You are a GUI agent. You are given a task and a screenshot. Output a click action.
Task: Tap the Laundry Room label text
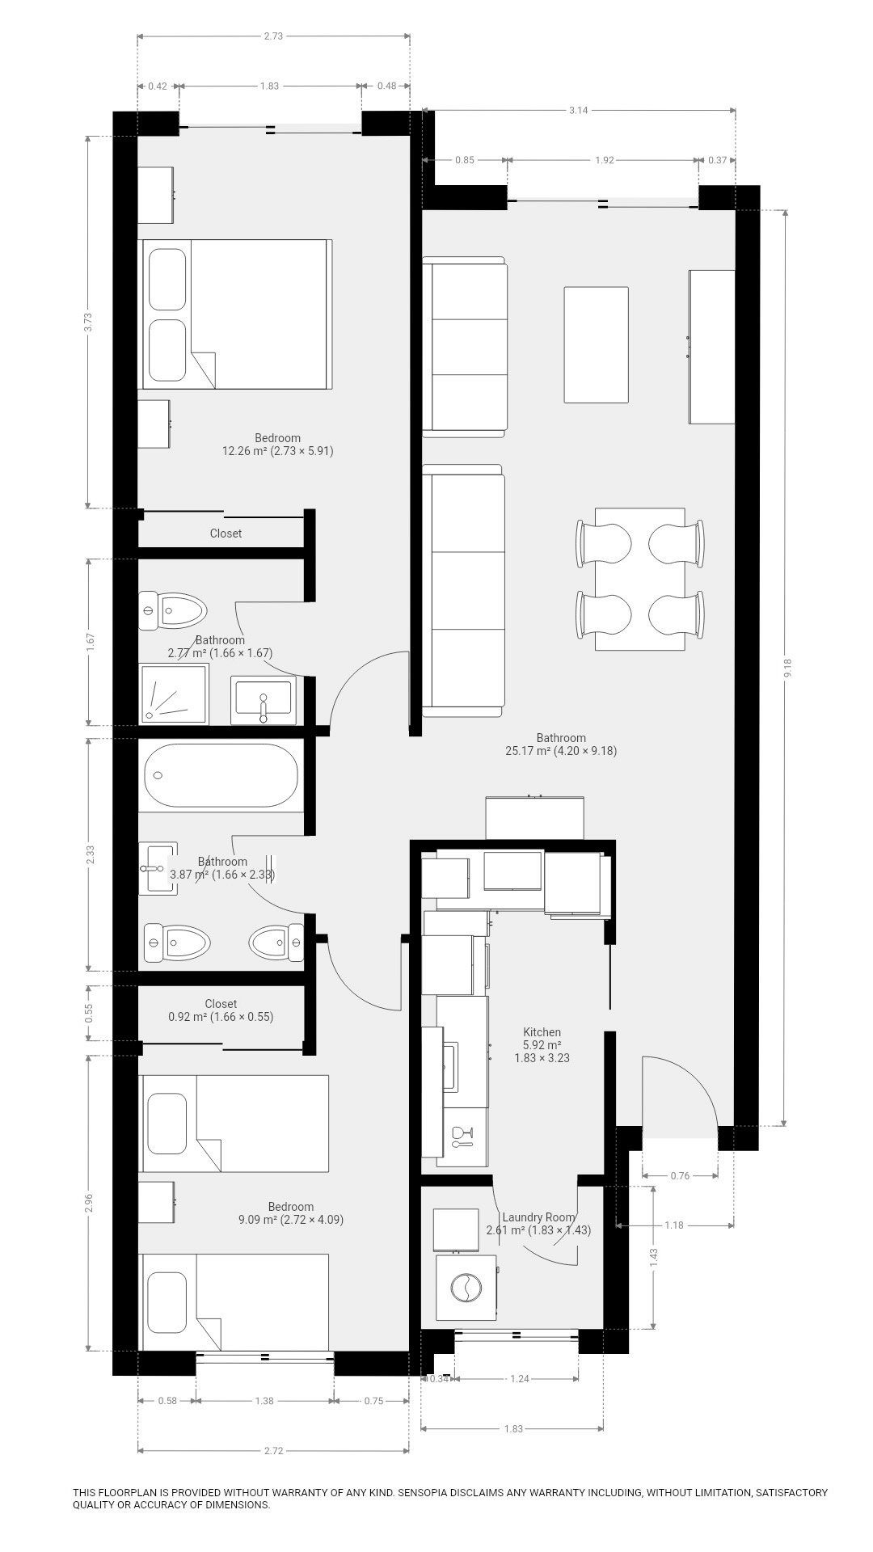[x=538, y=1217]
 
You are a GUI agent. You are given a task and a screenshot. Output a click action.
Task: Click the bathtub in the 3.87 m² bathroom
[x=221, y=775]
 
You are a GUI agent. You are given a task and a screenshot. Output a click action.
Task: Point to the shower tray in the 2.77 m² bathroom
[x=174, y=694]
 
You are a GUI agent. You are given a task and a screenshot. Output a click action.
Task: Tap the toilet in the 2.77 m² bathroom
[x=172, y=611]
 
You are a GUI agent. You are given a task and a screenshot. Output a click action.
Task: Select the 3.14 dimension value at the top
[x=578, y=110]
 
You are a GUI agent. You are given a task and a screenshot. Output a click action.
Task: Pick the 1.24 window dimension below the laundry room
[x=520, y=1379]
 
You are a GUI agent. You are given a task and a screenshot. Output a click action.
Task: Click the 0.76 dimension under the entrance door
[x=680, y=1176]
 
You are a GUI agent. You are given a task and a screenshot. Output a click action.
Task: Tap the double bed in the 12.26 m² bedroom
[x=236, y=314]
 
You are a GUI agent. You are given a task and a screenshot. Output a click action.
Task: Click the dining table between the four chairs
[x=639, y=579]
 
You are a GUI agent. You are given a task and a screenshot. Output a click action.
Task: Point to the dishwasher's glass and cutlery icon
[x=462, y=1137]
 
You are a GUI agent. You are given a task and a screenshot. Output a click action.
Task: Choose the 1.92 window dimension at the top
[x=605, y=160]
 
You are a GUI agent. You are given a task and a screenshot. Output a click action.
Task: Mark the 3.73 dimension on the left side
[x=90, y=322]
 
